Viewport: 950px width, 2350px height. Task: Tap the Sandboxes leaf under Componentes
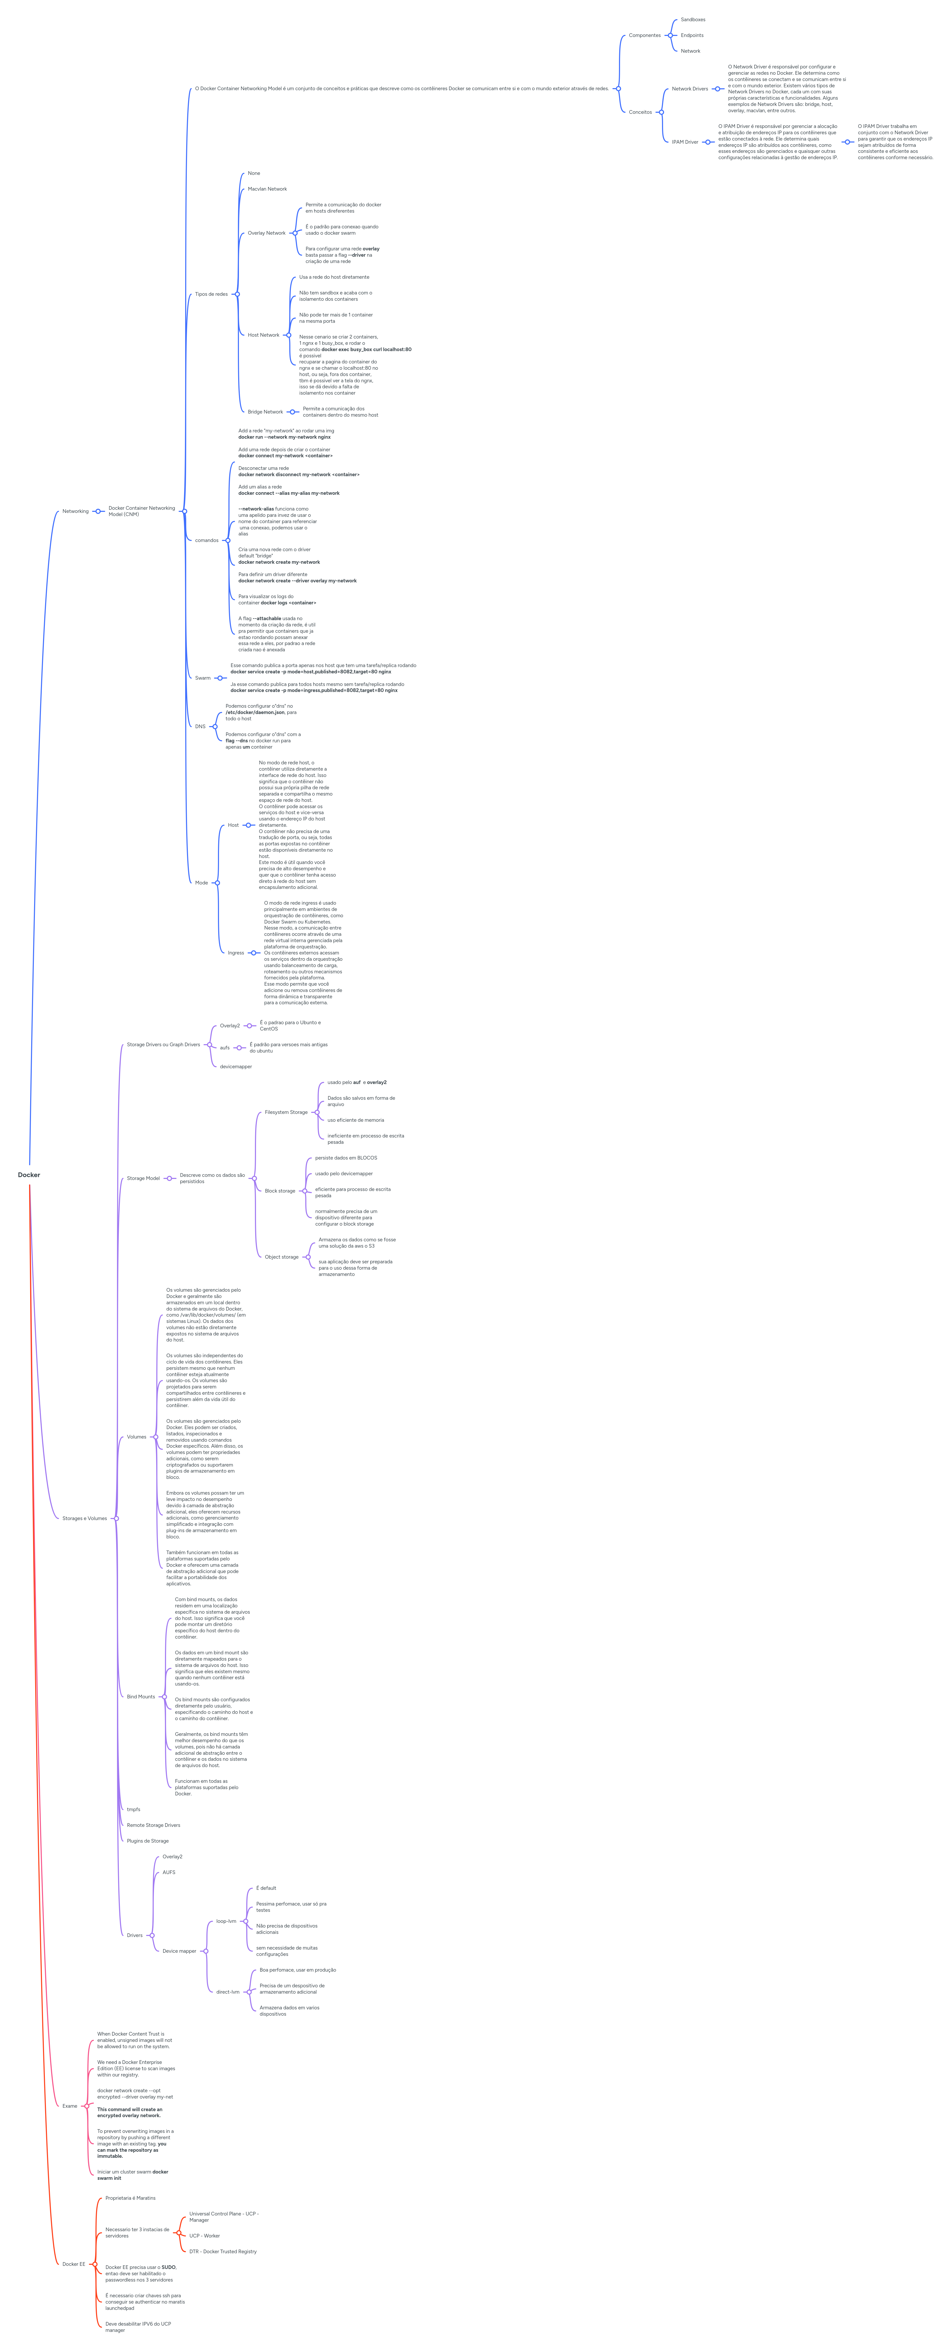(693, 19)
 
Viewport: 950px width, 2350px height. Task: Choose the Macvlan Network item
(267, 189)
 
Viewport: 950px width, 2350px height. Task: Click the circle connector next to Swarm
(220, 678)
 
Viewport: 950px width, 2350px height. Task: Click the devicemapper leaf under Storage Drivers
(236, 1066)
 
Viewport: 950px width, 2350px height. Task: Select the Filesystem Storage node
(286, 1112)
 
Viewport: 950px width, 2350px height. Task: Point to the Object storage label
(281, 1257)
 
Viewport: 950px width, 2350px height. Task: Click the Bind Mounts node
(141, 1697)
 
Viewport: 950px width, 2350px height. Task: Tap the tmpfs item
(133, 1809)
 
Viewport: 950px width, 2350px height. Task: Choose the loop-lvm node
(225, 1921)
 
